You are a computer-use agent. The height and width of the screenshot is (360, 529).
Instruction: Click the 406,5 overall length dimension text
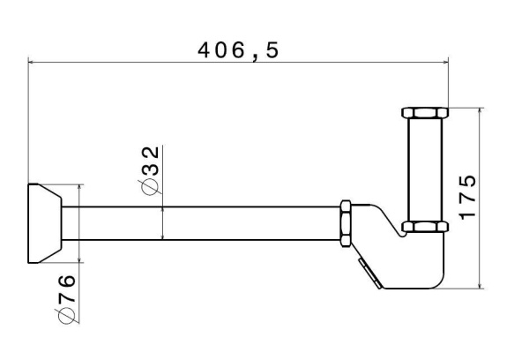click(238, 51)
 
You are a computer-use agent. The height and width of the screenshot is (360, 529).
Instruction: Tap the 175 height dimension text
click(467, 198)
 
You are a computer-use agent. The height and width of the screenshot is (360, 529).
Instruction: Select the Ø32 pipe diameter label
click(150, 170)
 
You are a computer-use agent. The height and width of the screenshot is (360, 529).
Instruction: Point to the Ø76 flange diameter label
click(66, 299)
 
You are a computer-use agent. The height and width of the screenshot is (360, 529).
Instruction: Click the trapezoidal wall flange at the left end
click(45, 223)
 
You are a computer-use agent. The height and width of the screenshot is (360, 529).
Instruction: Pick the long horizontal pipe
click(201, 223)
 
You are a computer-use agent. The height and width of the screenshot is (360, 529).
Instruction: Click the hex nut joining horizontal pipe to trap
click(346, 223)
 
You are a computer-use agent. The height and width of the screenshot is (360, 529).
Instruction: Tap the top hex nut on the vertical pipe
click(425, 112)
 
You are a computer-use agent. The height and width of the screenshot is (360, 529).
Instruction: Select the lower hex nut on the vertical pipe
click(425, 227)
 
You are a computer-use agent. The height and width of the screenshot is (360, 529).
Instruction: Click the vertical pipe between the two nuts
click(425, 169)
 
